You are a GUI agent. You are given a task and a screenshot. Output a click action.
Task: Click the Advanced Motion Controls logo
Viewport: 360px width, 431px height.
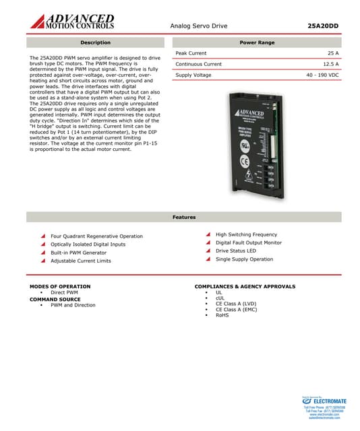click(71, 21)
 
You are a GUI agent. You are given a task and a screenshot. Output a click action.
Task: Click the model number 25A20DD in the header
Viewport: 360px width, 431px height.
click(323, 26)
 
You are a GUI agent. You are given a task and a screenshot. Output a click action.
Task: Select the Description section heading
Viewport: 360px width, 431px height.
click(95, 42)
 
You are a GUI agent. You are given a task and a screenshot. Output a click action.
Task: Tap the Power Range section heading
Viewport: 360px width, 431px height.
click(257, 42)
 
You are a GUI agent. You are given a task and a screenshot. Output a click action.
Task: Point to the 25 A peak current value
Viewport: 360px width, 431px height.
click(332, 53)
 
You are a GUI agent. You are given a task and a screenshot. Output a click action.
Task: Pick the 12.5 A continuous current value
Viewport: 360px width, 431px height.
click(330, 64)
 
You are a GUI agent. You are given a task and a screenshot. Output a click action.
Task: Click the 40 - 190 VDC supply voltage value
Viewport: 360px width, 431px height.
click(322, 75)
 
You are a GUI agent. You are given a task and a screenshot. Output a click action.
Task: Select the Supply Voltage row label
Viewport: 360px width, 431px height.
click(193, 75)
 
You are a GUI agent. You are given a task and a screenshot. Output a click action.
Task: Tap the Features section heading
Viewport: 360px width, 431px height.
click(184, 217)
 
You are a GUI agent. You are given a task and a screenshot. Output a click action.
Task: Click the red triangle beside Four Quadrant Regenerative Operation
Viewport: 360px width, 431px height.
click(43, 236)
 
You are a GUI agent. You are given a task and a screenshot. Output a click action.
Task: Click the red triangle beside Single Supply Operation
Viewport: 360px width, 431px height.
click(208, 259)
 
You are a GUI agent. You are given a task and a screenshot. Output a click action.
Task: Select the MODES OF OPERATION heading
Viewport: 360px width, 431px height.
click(60, 287)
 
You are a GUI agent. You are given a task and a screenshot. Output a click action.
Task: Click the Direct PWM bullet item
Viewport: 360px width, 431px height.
click(64, 293)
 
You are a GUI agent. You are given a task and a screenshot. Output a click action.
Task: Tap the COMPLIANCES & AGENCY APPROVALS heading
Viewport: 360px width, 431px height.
click(245, 287)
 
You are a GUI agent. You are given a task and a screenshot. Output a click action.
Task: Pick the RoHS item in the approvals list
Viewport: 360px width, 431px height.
click(222, 315)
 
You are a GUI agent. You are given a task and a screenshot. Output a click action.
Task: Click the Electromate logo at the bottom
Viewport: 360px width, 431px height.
click(327, 402)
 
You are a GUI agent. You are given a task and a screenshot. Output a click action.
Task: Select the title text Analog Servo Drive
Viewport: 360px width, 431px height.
click(199, 26)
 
